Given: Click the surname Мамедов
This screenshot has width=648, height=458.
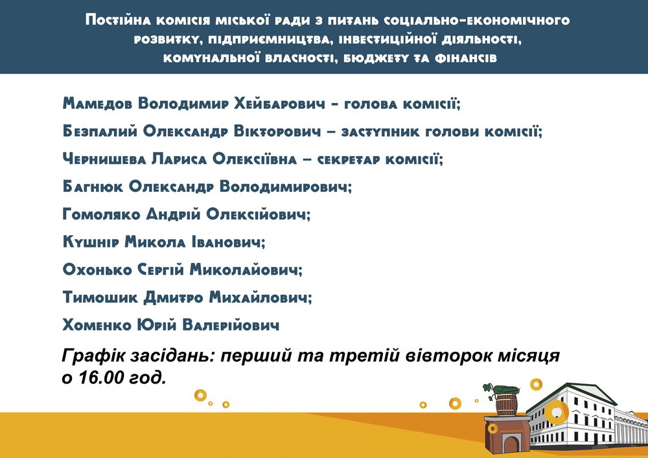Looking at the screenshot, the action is [98, 103].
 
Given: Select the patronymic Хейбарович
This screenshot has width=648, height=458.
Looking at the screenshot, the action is [280, 103].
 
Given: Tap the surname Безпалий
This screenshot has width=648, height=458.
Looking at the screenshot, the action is [100, 132].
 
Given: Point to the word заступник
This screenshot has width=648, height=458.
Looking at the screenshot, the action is [380, 132].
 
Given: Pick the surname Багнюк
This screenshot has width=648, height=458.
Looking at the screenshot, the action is [93, 187].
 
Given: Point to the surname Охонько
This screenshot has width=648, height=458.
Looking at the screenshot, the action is [97, 269].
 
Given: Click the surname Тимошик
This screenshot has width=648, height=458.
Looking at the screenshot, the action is [100, 297].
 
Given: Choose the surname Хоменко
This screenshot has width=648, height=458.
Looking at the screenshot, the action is [97, 325].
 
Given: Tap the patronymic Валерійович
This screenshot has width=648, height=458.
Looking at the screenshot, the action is [231, 325].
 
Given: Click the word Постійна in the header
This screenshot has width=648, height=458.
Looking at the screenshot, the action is [118, 20].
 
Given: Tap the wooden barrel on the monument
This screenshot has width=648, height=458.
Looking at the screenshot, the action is [507, 405].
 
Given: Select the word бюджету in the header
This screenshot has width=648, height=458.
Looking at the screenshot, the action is [377, 58].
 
